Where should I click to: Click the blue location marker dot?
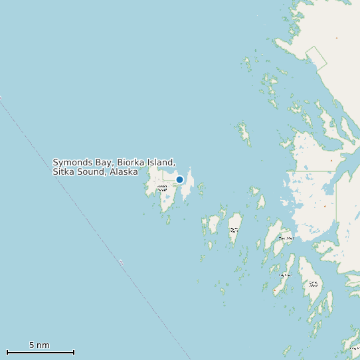coord(179,179)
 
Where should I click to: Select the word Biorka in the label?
coord(132,162)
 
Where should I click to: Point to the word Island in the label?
coord(161,162)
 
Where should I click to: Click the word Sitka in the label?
coord(64,171)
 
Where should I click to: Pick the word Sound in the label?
coord(92,171)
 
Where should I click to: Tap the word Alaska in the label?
coord(124,171)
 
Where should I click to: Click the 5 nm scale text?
coord(39,345)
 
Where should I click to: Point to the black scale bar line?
coord(40,352)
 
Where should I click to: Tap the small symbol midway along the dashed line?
coord(121,262)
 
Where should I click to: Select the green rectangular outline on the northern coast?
coord(317,58)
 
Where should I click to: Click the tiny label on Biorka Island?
coord(161,188)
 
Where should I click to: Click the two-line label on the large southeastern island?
coord(313,284)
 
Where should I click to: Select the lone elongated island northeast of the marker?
coord(244,133)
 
